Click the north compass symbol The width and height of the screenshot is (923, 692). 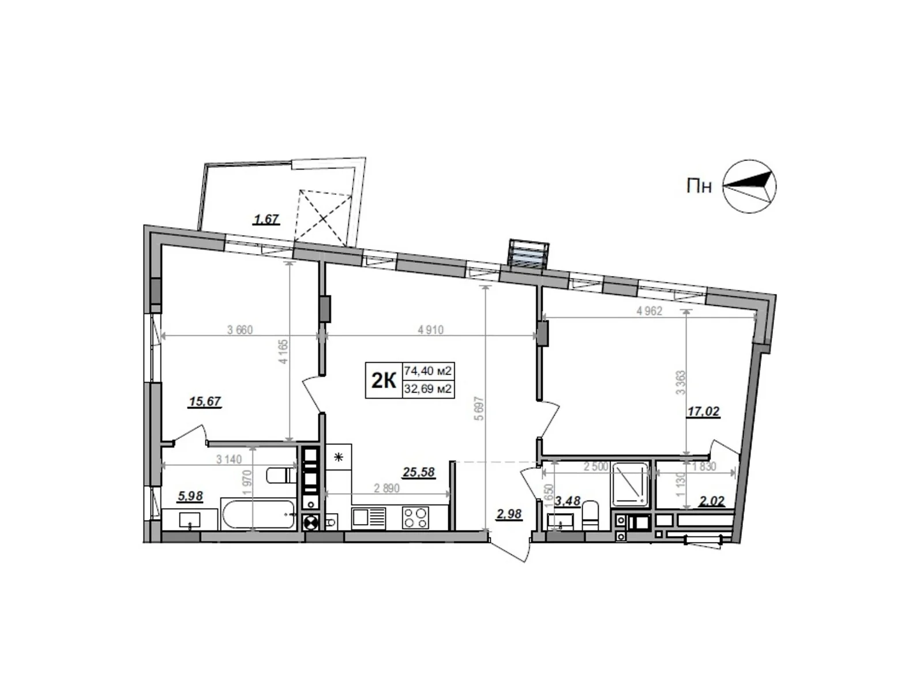point(749,186)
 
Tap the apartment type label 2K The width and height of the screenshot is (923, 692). point(383,381)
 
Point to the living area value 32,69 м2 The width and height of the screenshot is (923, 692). point(428,389)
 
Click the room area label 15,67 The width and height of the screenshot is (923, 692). point(205,401)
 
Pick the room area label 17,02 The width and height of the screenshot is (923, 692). point(703,412)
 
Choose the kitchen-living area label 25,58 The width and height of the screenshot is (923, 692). point(418,473)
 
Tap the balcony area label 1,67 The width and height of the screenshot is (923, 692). point(267,219)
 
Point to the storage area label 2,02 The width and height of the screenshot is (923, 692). point(711,502)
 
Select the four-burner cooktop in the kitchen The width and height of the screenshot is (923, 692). point(415,517)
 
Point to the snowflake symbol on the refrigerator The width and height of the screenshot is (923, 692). point(339,458)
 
